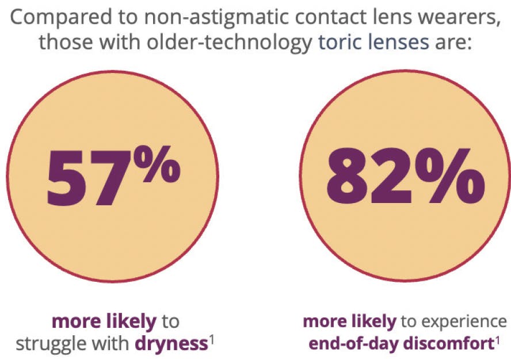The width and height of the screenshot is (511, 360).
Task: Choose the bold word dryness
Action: tap(171, 344)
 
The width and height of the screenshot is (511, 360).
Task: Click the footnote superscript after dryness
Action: tap(211, 339)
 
